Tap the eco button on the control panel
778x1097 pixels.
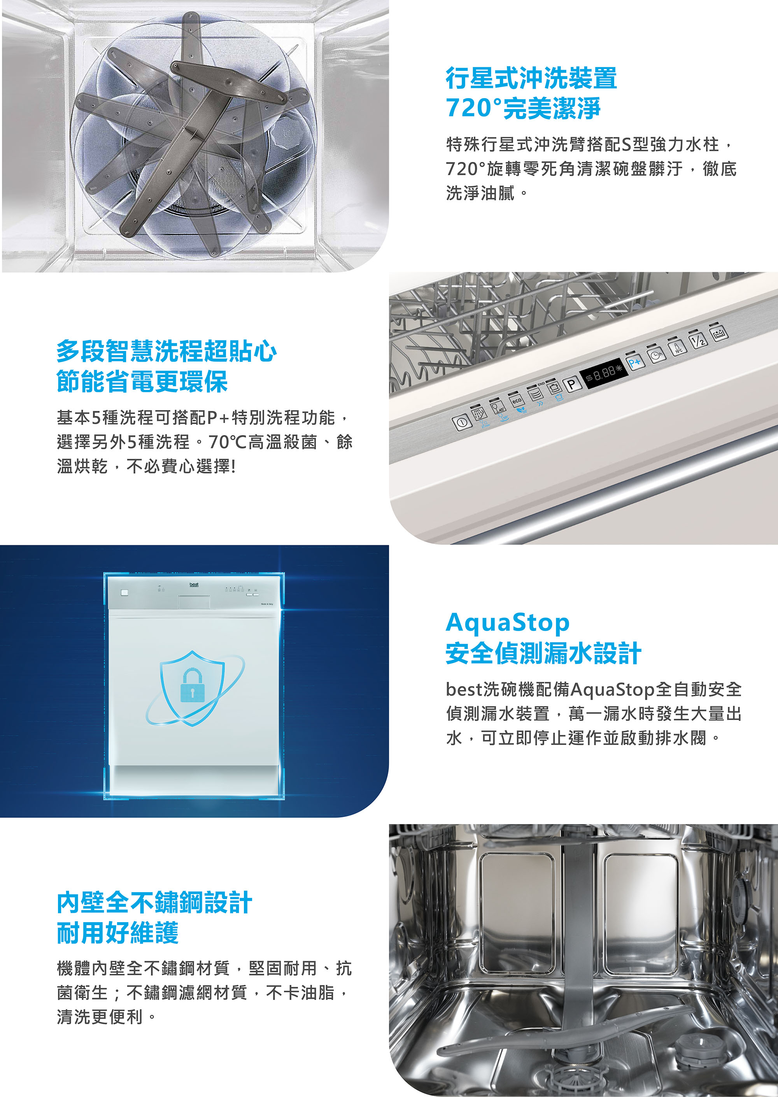pyautogui.click(x=517, y=400)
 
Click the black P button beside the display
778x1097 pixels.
pyautogui.click(x=571, y=384)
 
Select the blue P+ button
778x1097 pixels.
pyautogui.click(x=635, y=363)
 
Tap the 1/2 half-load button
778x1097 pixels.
pyautogui.click(x=699, y=340)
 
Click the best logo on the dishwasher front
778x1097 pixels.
pyautogui.click(x=194, y=585)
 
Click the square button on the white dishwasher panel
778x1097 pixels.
pyautogui.click(x=124, y=592)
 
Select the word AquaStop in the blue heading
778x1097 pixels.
pyautogui.click(x=507, y=623)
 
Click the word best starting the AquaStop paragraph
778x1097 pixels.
pyautogui.click(x=463, y=689)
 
